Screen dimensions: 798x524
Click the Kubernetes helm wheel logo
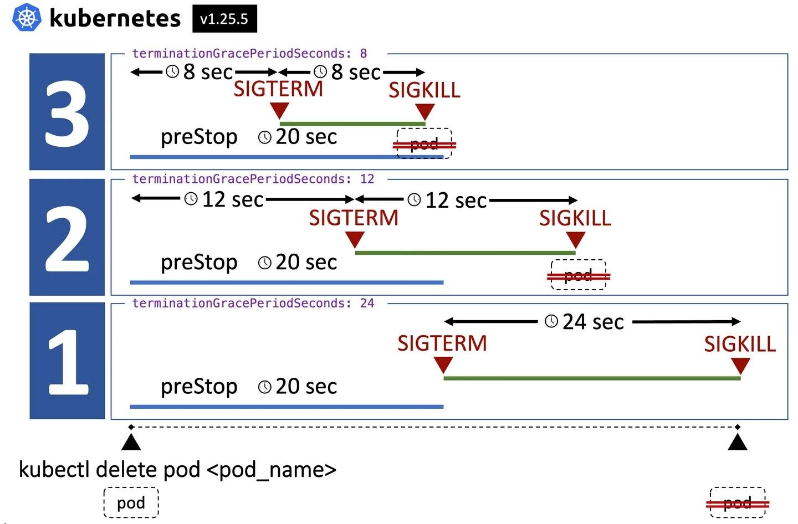point(27,17)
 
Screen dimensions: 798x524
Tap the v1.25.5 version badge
point(224,18)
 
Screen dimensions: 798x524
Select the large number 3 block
point(67,112)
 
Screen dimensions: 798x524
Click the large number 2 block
point(67,237)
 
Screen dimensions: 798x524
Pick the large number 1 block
point(67,361)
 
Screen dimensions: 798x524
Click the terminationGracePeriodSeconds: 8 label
point(249,53)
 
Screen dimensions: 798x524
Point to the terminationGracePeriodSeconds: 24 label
point(253,304)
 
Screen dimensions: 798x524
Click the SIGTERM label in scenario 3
point(278,89)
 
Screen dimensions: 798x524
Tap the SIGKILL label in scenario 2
point(575,218)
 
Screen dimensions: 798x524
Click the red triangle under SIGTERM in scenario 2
point(355,240)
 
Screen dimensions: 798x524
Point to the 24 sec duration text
point(593,322)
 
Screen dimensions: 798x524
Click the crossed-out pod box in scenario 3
point(424,143)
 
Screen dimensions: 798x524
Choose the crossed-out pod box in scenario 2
point(579,275)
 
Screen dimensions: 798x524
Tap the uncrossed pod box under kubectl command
point(131,502)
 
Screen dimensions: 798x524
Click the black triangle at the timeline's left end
point(131,442)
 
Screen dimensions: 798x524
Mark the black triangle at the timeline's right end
point(738,442)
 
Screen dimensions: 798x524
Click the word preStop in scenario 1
point(199,387)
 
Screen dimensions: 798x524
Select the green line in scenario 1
point(592,378)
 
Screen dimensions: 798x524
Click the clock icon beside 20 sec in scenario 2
point(265,263)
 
